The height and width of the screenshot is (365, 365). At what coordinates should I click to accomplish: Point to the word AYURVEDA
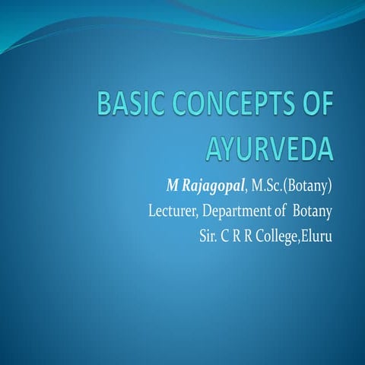[x=269, y=147]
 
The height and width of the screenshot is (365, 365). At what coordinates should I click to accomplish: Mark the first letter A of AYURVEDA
[x=215, y=147]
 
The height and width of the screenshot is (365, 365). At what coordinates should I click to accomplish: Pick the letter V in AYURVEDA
[x=278, y=147]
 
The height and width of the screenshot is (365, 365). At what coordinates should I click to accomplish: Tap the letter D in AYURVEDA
[x=310, y=147]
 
